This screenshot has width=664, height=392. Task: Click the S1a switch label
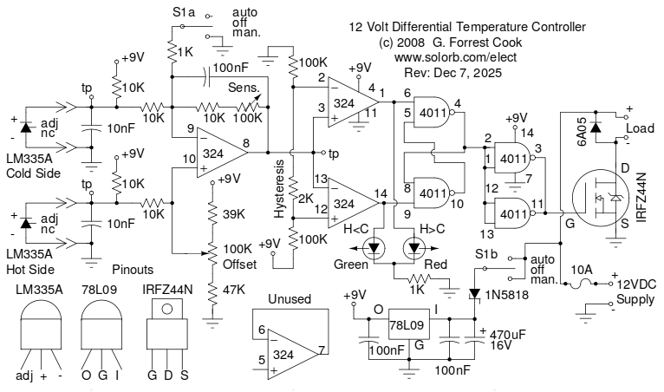pyautogui.click(x=186, y=13)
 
